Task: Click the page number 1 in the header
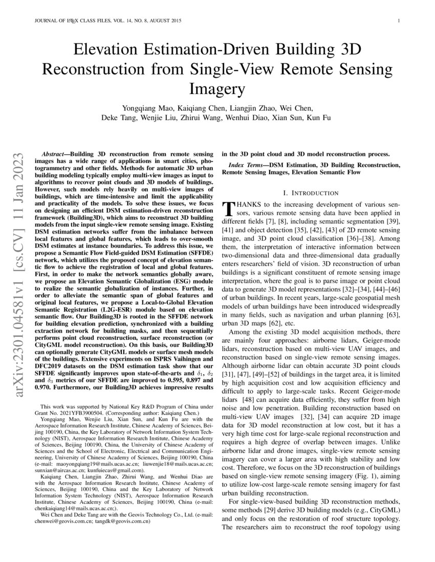point(398,21)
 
